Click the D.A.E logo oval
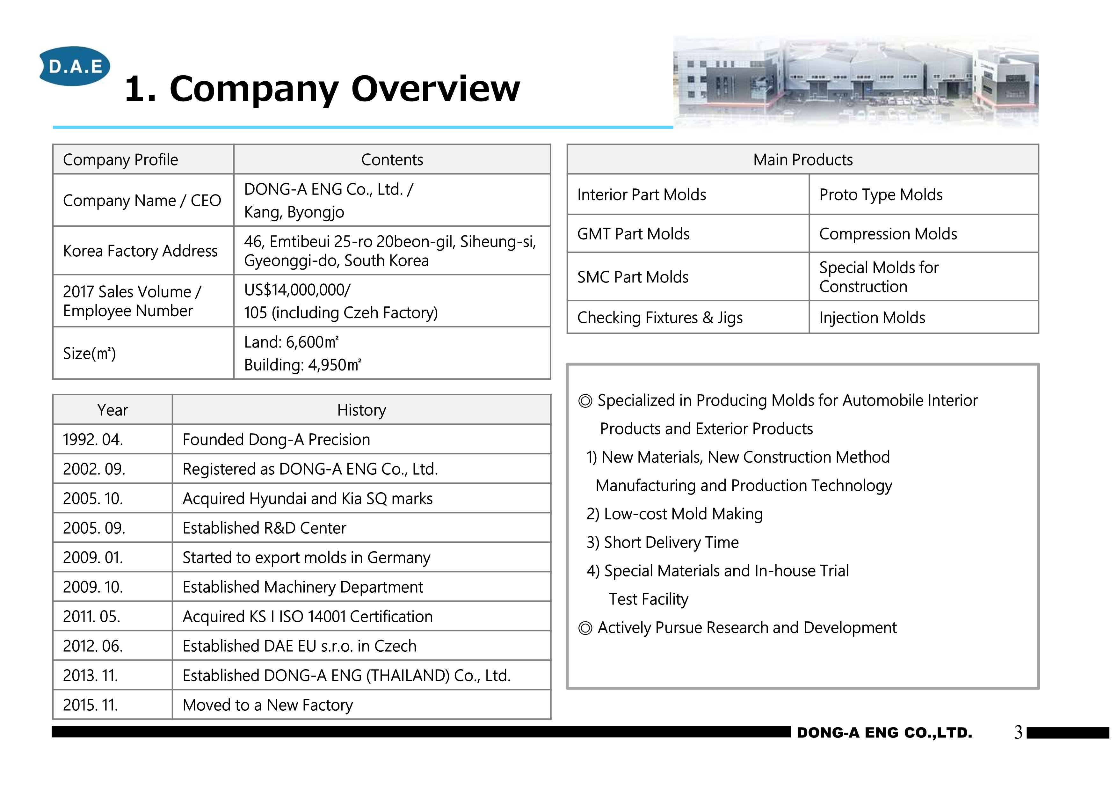(75, 66)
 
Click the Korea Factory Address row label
(140, 251)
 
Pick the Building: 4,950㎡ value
(302, 365)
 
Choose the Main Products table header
(802, 160)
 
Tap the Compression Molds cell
(888, 234)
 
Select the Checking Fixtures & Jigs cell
(659, 318)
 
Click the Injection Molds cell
(872, 318)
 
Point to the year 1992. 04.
(92, 439)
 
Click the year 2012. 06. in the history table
(92, 646)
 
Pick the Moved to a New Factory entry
(267, 705)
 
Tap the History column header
(361, 410)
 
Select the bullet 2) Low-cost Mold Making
(674, 514)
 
